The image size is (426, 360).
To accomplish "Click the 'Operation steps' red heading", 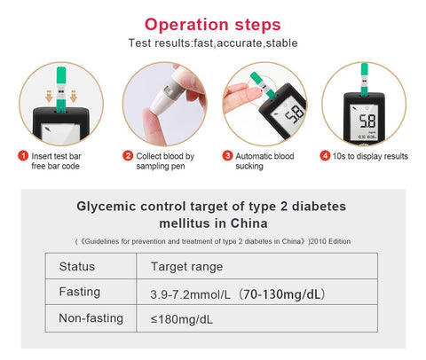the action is point(212,25).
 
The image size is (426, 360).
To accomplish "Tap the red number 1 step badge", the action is point(23,156).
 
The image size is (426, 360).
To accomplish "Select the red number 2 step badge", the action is point(128,156).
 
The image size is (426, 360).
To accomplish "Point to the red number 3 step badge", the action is point(227,156).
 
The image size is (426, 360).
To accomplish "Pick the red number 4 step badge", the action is point(325,156).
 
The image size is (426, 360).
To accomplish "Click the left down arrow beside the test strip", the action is point(49,97).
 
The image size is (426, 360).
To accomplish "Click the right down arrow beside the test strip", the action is point(74,97).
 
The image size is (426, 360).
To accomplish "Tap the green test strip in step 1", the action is point(61,90).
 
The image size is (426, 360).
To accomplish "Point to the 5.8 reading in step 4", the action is point(367,121).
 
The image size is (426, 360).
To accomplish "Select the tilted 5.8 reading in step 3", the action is point(295,114).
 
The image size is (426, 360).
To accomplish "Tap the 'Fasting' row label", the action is point(80,292).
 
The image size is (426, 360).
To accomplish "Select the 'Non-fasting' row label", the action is point(91,318).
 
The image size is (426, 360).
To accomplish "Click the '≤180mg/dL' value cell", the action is point(181,319).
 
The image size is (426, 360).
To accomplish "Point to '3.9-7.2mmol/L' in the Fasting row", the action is point(190,294).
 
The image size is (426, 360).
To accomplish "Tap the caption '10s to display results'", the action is point(370,156).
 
